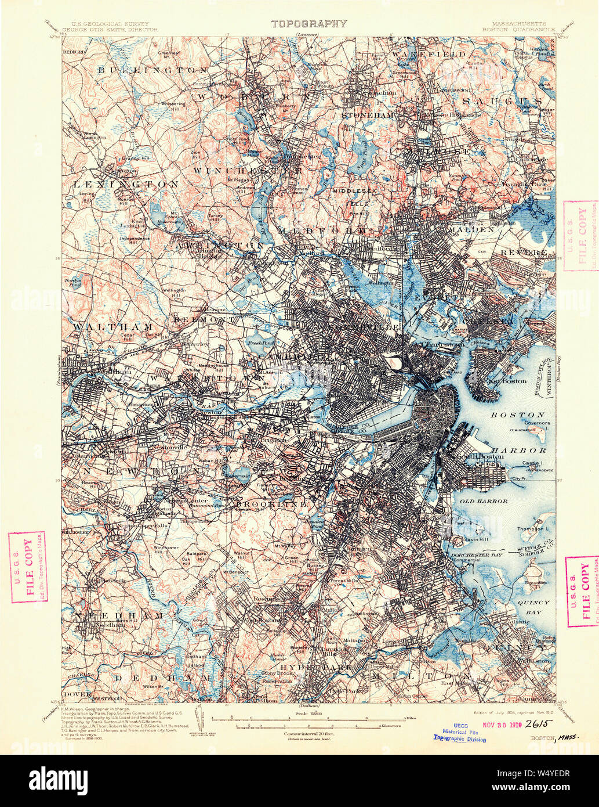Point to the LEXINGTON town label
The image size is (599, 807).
pos(126,184)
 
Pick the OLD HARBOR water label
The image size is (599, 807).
pos(484,501)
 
